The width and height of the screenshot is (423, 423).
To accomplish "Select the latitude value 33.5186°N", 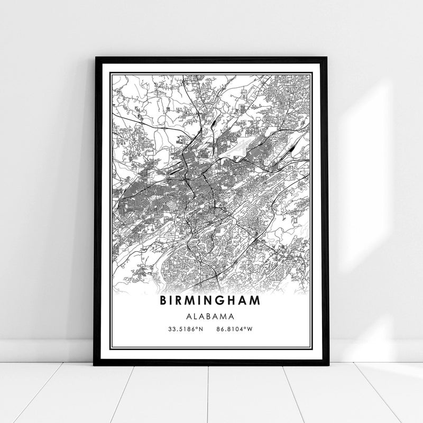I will tap(185, 329).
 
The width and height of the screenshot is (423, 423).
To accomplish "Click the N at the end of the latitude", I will tap(201, 329).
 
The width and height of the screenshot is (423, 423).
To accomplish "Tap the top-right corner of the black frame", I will tap(327, 55).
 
